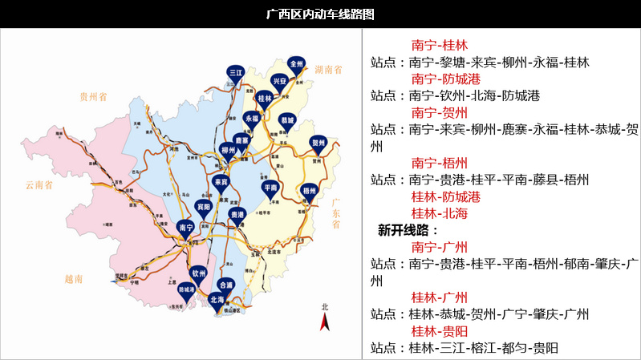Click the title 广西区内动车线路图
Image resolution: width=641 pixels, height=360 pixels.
coord(320,14)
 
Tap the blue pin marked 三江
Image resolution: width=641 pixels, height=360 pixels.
coord(236,73)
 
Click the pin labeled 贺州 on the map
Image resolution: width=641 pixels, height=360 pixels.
coord(318,144)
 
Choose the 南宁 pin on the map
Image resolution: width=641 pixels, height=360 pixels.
coord(186,229)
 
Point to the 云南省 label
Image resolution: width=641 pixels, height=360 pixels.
coord(37,184)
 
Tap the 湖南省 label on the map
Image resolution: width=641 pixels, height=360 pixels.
coord(328,71)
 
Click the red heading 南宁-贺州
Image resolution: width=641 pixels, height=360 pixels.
coord(439,113)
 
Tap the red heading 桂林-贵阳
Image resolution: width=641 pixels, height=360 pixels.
coord(439,331)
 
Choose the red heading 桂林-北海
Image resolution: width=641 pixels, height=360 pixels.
coord(439,213)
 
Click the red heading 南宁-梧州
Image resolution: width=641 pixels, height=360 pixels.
coord(439,163)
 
